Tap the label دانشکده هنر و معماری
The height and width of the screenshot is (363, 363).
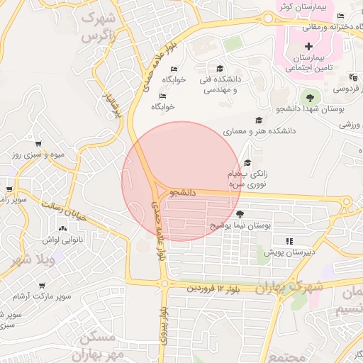pos(259,132)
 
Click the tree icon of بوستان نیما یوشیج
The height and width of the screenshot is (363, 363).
pos(240,214)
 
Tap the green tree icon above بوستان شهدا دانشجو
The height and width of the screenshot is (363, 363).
pos(308,97)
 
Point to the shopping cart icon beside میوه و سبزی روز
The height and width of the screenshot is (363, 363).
pos(37,144)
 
